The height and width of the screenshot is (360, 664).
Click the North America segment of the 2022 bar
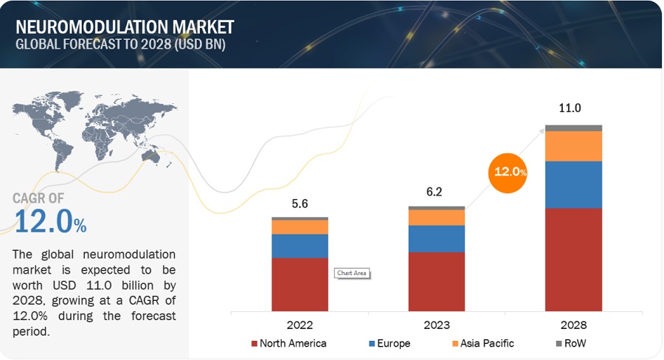coord(300,284)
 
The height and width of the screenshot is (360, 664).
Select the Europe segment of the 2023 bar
coord(437,239)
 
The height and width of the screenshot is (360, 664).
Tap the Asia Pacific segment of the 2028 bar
coord(573,146)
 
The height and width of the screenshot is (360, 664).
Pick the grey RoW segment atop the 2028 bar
coord(573,128)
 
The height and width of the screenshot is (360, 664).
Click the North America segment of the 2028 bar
coord(573,259)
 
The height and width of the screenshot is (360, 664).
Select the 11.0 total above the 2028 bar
coord(570,108)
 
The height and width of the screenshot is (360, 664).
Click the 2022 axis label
coord(300,325)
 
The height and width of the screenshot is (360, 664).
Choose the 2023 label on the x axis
coord(437,325)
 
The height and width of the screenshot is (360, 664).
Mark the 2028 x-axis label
coord(573,325)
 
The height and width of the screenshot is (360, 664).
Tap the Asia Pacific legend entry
coord(483,344)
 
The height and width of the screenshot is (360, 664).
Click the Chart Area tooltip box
coord(351,273)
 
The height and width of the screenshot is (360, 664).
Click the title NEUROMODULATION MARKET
coord(125,27)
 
